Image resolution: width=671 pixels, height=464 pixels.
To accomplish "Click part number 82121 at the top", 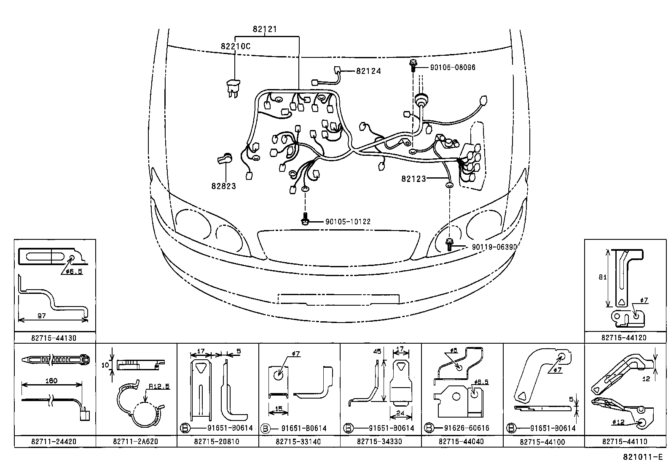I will click(x=265, y=29).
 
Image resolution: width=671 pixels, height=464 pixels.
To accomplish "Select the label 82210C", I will click(x=235, y=46).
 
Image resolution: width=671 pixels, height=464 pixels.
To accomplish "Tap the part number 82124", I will click(x=368, y=71).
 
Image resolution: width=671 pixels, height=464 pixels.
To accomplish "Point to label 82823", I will click(x=223, y=186).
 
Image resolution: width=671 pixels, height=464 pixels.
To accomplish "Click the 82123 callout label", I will click(x=413, y=179).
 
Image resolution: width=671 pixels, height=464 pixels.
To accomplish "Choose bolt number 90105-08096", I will click(x=452, y=68).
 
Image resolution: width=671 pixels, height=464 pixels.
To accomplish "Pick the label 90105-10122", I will click(x=348, y=222).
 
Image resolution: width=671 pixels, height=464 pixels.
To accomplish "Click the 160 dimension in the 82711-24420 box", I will click(x=51, y=380).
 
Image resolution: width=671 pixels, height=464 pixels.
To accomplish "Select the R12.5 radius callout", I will click(x=159, y=387).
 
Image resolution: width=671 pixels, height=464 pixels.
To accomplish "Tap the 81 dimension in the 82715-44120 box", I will click(x=602, y=277).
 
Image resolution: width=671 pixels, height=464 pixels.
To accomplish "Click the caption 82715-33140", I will click(x=298, y=442).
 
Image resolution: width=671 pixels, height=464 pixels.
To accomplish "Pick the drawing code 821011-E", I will click(x=643, y=457).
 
